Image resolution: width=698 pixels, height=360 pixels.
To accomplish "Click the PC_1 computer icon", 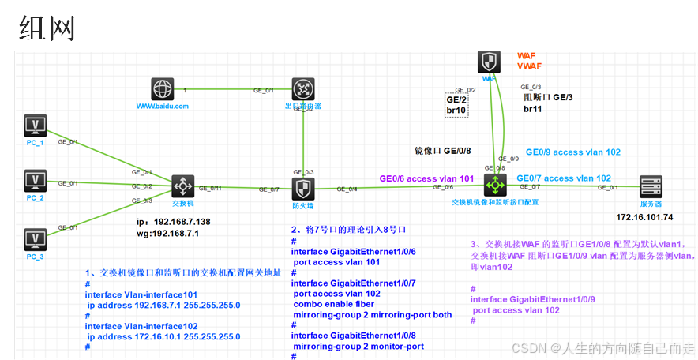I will pyautogui.click(x=36, y=126).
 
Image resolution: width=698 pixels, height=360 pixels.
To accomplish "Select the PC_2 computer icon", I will pyautogui.click(x=36, y=181).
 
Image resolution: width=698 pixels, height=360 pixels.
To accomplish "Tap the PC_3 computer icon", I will pyautogui.click(x=36, y=238).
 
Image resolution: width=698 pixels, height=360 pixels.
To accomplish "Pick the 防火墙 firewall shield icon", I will pyautogui.click(x=304, y=189).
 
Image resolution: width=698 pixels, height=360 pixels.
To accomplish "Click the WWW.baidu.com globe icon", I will pyautogui.click(x=163, y=88).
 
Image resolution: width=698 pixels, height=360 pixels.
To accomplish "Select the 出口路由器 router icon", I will pyautogui.click(x=304, y=88).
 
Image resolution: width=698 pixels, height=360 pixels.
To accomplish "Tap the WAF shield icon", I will pyautogui.click(x=490, y=62).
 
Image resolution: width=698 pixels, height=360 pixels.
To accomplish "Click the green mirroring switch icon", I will pyautogui.click(x=495, y=186).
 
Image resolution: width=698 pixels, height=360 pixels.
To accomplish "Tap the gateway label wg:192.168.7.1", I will pyautogui.click(x=167, y=234).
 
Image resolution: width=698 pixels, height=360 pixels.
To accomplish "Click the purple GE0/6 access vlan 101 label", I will pyautogui.click(x=426, y=178).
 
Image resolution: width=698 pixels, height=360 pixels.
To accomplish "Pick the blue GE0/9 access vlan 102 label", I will pyautogui.click(x=573, y=152).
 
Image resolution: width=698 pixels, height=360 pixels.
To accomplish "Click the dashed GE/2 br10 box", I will pyautogui.click(x=457, y=105).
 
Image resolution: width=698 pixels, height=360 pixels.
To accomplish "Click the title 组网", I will pyautogui.click(x=47, y=28).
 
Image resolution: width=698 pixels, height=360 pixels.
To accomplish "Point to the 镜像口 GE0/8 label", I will pyautogui.click(x=443, y=150).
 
